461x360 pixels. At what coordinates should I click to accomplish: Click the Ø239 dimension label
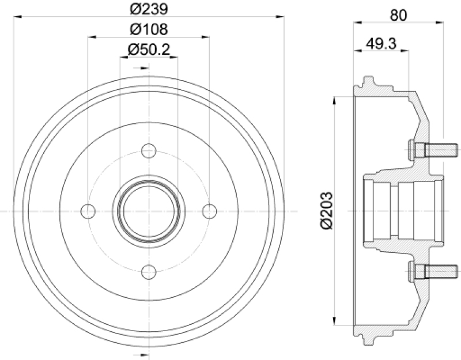click(149, 9)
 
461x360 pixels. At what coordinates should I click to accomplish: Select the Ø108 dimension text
click(149, 29)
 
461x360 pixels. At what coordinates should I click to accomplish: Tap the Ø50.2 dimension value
click(149, 50)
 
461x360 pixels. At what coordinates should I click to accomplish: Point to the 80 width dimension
click(398, 16)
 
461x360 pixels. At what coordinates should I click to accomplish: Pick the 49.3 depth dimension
click(381, 44)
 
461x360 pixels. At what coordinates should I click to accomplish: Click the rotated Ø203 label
click(326, 211)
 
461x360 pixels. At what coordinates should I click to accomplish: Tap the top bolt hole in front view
click(149, 151)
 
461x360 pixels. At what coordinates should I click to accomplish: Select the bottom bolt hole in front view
click(149, 272)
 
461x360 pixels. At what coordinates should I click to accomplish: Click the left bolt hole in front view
click(88, 211)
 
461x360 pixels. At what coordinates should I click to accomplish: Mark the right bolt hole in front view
click(210, 211)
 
